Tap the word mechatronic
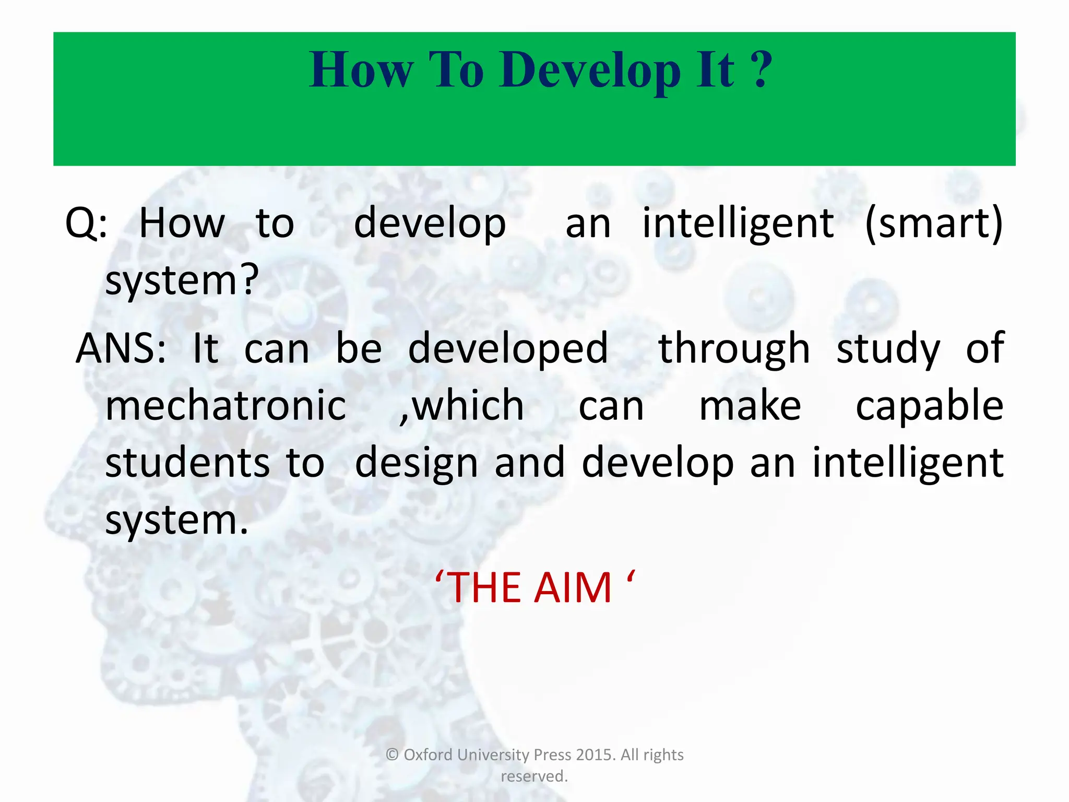(x=225, y=406)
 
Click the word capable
(x=929, y=406)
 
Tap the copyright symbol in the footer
(x=392, y=755)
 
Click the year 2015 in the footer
(x=596, y=755)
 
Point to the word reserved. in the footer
(x=534, y=776)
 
